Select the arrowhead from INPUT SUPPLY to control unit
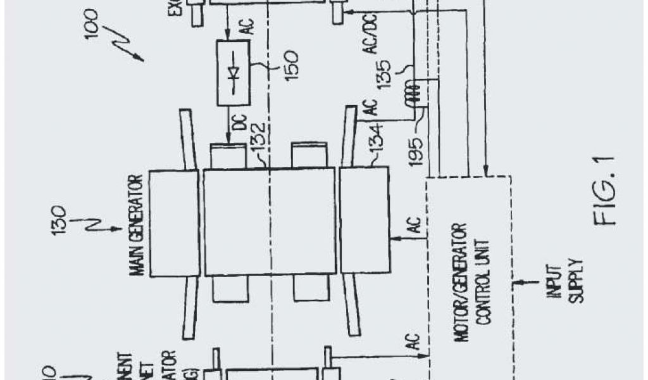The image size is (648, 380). pyautogui.click(x=517, y=281)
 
